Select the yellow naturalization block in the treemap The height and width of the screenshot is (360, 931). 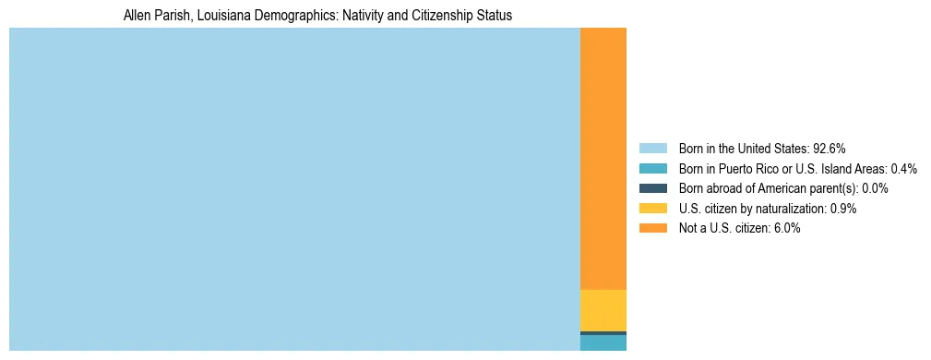(603, 310)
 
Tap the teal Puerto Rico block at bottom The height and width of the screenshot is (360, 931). (603, 342)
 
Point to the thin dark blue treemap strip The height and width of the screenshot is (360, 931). (603, 332)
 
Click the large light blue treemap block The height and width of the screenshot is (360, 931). (294, 189)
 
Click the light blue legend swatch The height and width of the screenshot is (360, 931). (652, 148)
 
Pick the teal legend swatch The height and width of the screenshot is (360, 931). (652, 168)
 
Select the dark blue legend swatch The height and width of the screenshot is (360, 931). (652, 188)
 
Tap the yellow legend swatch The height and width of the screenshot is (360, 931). (652, 209)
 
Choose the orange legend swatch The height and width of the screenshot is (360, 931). (652, 228)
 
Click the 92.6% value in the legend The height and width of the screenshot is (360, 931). (830, 148)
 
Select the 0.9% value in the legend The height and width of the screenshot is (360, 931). (843, 209)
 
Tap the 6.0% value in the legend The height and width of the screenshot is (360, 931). (787, 228)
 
